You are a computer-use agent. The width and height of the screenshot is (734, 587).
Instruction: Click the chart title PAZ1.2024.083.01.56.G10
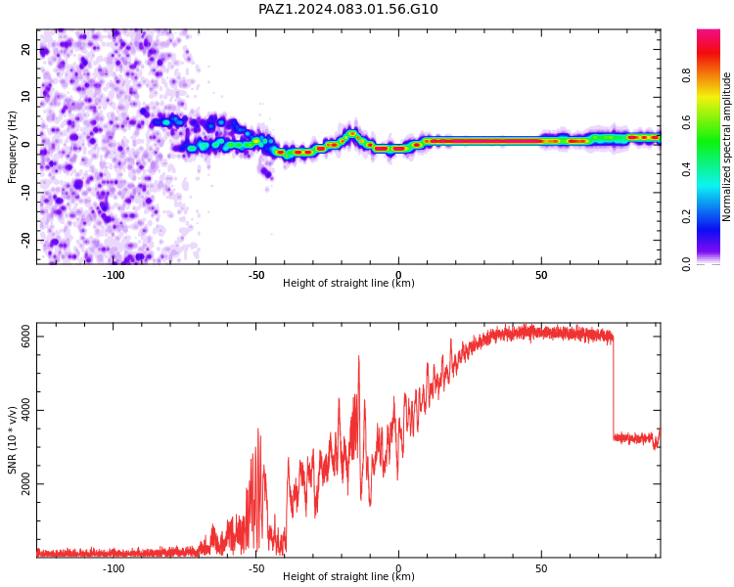[347, 9]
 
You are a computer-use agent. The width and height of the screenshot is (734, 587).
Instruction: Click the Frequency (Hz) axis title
[12, 147]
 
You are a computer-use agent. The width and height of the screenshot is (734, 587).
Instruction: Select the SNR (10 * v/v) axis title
[12, 440]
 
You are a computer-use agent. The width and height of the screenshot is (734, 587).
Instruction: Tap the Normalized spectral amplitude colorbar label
[726, 147]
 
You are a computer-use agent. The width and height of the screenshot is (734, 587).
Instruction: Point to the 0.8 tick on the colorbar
[686, 75]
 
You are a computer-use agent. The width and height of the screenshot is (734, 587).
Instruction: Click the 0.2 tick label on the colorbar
[686, 216]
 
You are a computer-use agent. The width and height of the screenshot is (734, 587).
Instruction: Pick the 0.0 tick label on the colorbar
[686, 264]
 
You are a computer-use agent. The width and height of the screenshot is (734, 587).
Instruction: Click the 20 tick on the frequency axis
[25, 49]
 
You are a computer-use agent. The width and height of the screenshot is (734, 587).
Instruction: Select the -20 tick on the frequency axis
[25, 240]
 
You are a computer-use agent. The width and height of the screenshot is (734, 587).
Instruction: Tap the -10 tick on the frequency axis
[25, 193]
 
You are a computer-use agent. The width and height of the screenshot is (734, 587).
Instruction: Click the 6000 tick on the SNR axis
[25, 337]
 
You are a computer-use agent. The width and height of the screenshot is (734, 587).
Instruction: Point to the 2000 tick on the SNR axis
[25, 483]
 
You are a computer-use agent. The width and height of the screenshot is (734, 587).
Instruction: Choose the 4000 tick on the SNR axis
[25, 410]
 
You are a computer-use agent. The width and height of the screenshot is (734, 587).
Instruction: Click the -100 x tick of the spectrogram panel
[114, 275]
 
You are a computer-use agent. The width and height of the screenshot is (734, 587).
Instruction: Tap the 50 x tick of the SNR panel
[541, 568]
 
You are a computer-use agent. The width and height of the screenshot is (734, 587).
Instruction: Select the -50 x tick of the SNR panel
[255, 568]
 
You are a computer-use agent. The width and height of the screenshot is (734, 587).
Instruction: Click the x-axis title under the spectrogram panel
[348, 283]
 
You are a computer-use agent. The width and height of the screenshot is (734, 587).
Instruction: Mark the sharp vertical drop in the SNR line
[614, 386]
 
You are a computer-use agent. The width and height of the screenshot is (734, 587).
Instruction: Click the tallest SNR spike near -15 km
[359, 357]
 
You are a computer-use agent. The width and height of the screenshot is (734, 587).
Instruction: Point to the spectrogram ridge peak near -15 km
[352, 133]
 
